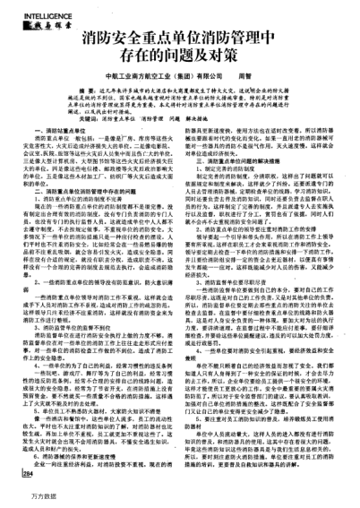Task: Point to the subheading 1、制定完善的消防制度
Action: click(x=224, y=185)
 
